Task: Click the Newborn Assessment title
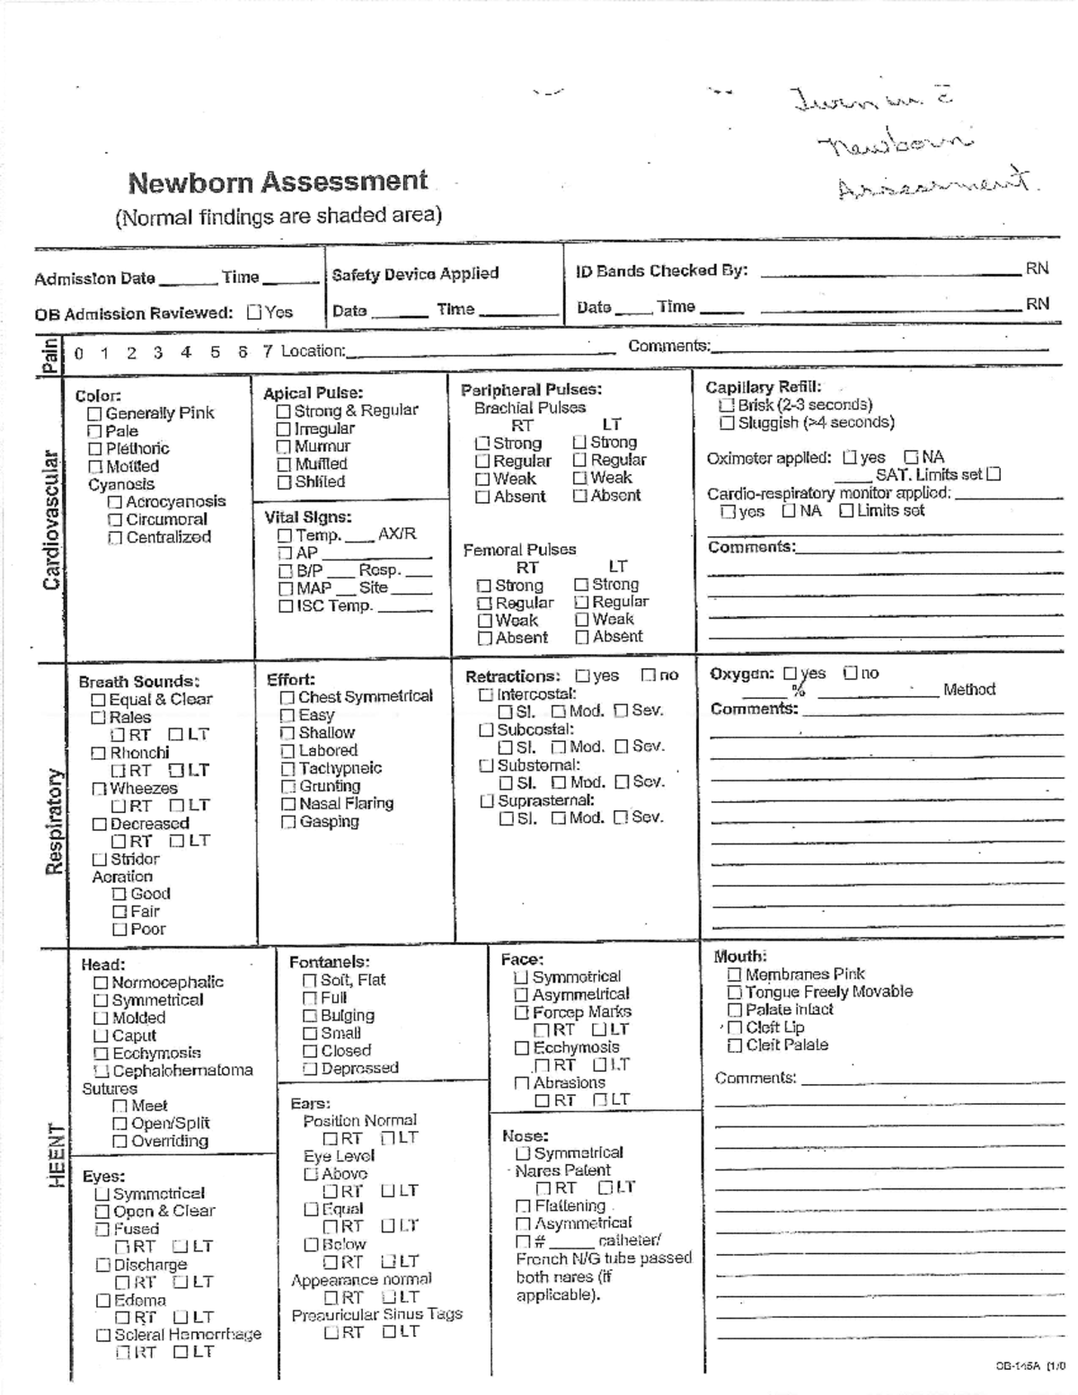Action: point(278,182)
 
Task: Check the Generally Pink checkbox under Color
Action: point(94,414)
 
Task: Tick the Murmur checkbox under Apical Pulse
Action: point(284,446)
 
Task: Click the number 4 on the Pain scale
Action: point(186,352)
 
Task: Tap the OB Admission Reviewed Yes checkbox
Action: point(254,313)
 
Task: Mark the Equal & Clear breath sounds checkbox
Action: point(98,700)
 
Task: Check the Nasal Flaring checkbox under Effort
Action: point(288,804)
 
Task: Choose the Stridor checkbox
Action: point(99,860)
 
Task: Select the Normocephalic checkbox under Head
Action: point(101,984)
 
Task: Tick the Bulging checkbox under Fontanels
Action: point(310,1016)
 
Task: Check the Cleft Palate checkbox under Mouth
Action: point(734,1046)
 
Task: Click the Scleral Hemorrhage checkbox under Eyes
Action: point(103,1336)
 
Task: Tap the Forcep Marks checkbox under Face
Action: point(521,1012)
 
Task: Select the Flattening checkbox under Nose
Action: point(523,1206)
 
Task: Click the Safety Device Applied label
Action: point(415,274)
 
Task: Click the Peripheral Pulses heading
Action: point(531,390)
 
